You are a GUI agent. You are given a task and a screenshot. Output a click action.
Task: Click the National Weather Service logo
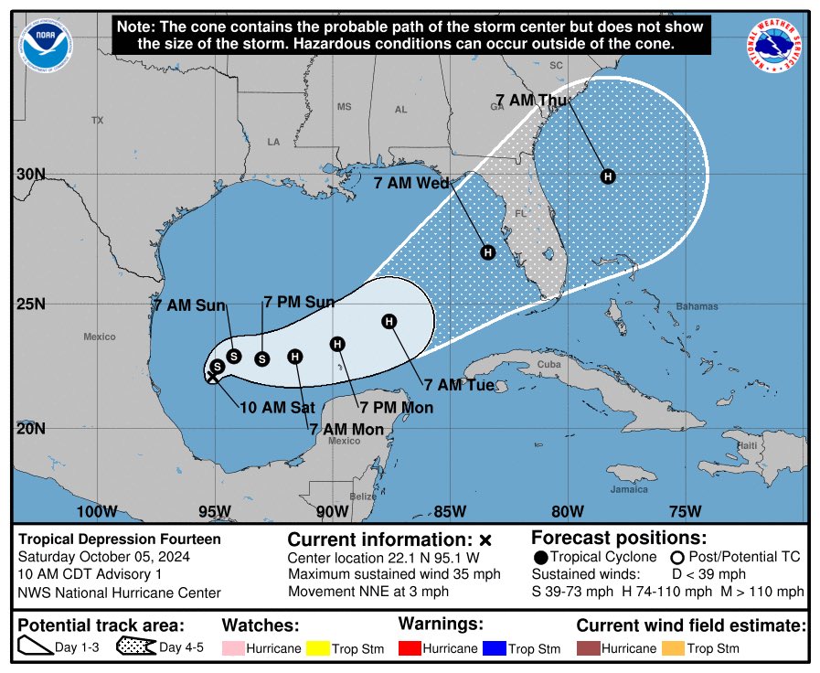point(776,46)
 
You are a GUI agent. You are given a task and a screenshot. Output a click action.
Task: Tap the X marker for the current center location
point(211,377)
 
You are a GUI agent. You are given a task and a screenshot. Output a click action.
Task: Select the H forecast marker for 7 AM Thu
point(607,176)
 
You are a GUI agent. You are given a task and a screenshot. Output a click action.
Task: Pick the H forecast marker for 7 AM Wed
point(488,252)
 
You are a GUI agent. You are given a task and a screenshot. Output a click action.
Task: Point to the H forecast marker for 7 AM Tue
point(389,321)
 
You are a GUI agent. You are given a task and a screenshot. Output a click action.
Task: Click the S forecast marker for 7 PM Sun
point(261,358)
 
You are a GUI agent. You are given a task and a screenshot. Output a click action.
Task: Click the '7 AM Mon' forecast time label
point(346,428)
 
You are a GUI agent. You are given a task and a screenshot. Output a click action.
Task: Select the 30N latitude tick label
point(33,174)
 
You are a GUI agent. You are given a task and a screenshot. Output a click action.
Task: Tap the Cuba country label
point(548,364)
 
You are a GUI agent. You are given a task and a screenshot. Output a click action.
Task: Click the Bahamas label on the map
point(698,306)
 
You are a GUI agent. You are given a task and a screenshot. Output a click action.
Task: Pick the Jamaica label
point(631,489)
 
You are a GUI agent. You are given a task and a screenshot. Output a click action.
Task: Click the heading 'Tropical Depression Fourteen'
point(120,539)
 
